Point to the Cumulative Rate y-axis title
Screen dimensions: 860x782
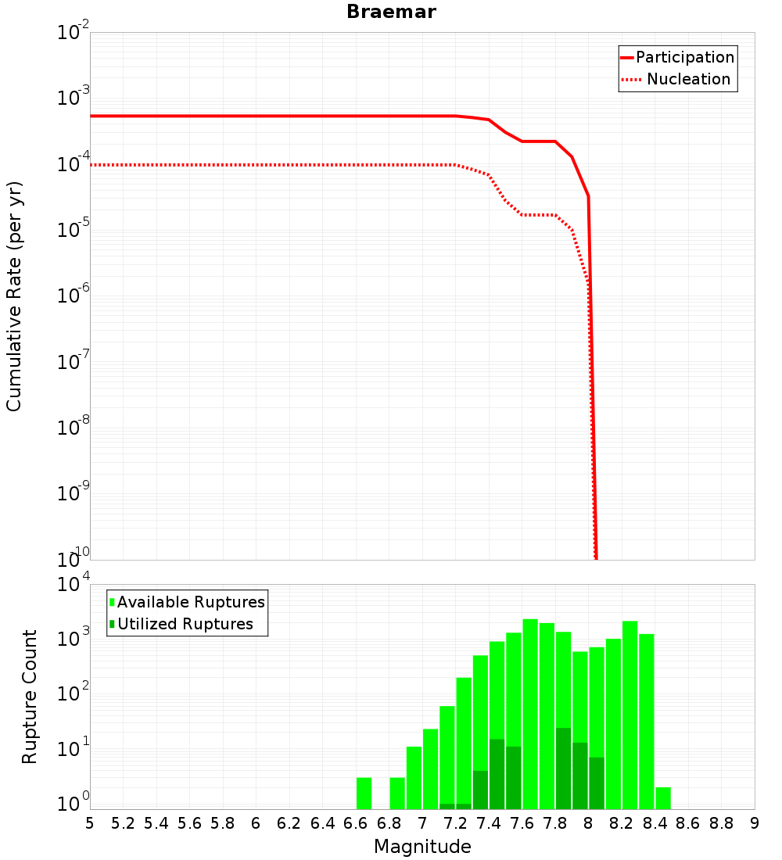(15, 296)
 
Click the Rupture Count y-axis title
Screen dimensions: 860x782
(30, 697)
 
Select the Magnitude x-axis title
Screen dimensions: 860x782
(422, 847)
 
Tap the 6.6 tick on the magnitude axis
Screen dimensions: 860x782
(356, 823)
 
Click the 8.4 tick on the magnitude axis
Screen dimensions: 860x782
(655, 823)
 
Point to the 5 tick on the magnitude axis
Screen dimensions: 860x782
(90, 823)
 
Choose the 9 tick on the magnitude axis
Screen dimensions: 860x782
(755, 823)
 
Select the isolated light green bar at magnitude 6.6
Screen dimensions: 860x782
(364, 793)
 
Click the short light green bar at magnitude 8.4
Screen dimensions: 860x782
(663, 798)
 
